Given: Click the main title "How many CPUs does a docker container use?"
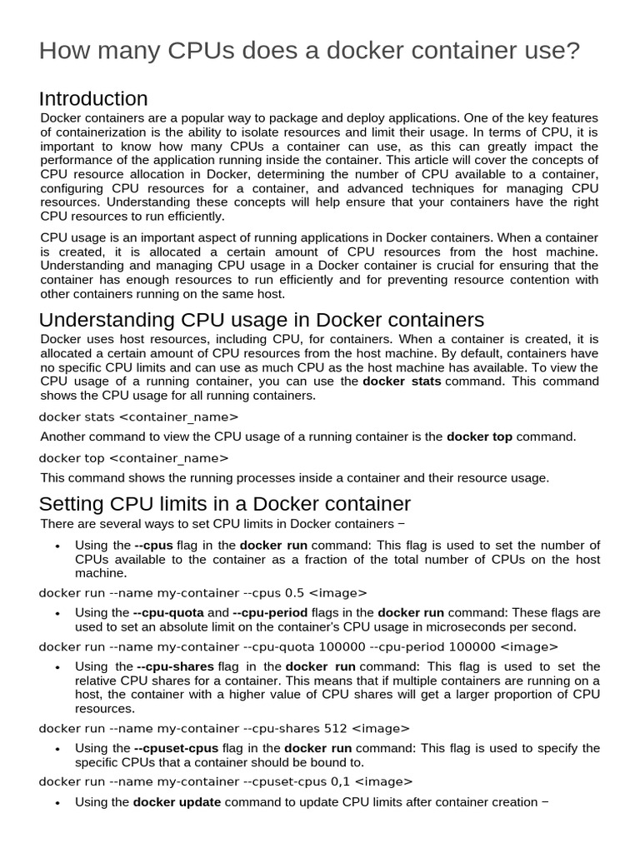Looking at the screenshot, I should [309, 51].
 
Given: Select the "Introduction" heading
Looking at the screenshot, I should [93, 99].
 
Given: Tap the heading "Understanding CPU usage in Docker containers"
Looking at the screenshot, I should [261, 320].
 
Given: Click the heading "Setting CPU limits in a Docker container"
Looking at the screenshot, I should [225, 504].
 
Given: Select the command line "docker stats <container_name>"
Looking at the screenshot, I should [138, 417].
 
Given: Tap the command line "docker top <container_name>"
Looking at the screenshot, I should [133, 457].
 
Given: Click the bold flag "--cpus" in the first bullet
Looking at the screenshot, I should [152, 546].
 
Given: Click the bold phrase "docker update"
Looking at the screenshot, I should [177, 802].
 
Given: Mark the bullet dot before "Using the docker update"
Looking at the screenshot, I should [57, 803].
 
